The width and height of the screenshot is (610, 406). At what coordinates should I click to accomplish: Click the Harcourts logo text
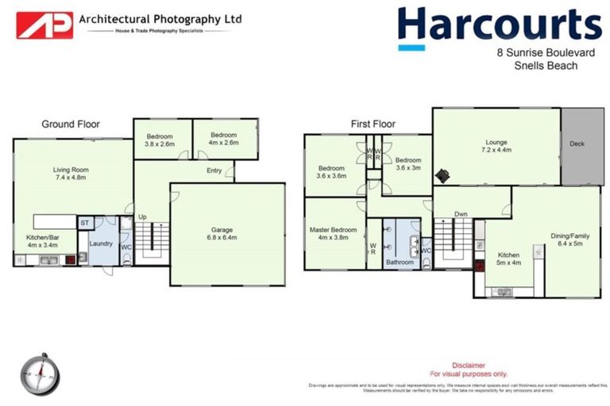[499, 25]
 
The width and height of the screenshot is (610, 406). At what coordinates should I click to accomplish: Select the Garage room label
[226, 232]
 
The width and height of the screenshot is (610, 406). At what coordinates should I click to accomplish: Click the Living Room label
[71, 173]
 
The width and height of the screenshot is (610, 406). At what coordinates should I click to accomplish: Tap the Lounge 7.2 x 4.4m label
[496, 147]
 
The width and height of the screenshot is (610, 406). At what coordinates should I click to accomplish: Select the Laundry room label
[100, 243]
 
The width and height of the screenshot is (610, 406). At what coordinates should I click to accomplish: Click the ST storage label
[85, 224]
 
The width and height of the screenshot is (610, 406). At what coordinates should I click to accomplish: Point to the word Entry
[214, 170]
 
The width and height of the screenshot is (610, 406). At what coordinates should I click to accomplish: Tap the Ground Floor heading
[71, 124]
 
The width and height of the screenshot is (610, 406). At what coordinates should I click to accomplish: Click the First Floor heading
[373, 124]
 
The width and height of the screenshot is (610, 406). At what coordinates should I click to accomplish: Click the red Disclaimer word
[468, 366]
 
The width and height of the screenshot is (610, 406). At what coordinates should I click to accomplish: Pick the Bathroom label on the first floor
[400, 262]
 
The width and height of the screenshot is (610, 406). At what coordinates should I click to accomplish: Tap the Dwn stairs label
[461, 214]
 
